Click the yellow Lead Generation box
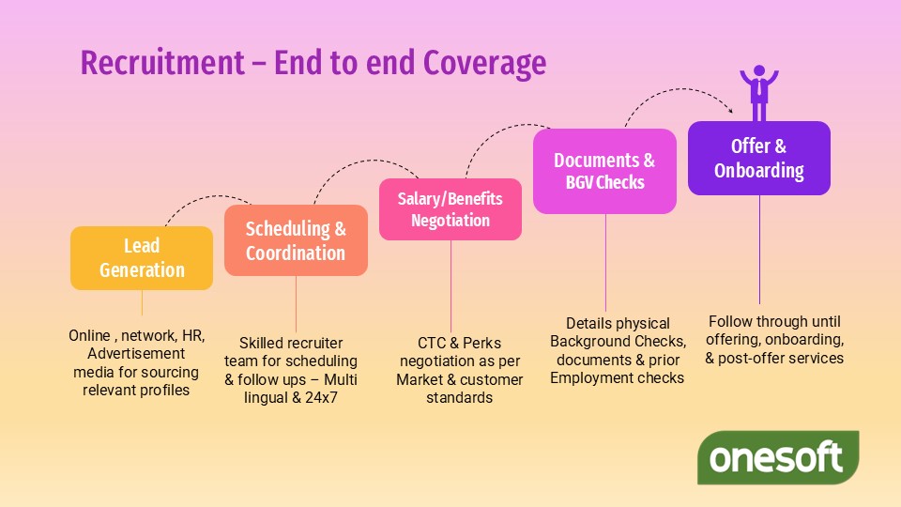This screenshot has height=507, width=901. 142,258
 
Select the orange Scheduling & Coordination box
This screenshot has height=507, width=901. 296,240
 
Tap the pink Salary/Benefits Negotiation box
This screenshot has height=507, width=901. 450,209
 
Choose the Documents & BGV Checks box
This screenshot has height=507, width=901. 604,171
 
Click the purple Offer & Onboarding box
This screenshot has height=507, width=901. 758,158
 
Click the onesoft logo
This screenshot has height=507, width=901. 777,458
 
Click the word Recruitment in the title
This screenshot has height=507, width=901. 160,63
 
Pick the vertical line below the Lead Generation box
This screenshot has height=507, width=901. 142,302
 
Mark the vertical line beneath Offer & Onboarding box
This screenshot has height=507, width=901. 758,249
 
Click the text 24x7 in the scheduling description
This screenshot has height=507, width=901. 333,397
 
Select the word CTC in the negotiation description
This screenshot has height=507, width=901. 435,343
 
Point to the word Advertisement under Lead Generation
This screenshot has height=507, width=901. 136,354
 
